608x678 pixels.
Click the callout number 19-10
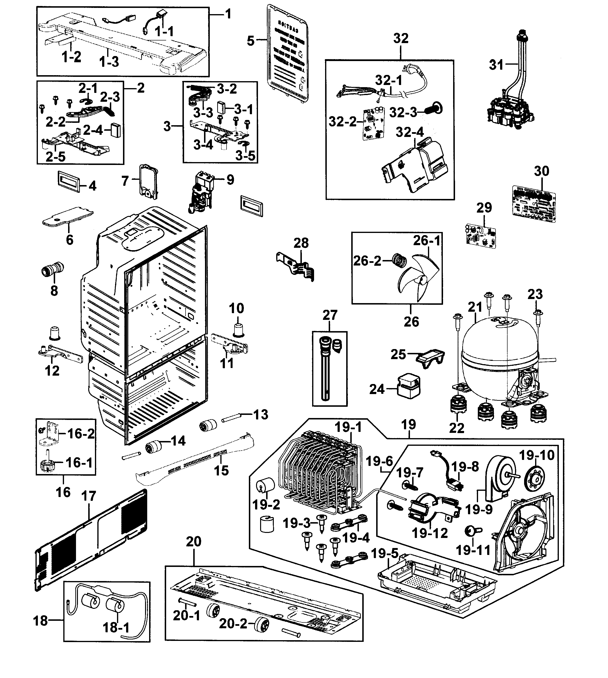tap(537, 455)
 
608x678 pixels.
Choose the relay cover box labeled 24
tap(408, 386)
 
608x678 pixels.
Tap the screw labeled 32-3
tap(434, 109)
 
